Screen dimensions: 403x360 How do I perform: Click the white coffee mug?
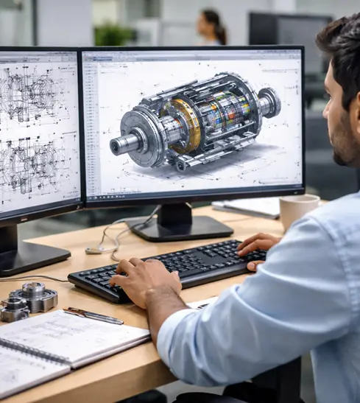tap(298, 210)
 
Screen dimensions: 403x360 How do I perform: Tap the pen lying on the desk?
tap(93, 315)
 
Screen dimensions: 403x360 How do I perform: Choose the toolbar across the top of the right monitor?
tap(191, 55)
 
